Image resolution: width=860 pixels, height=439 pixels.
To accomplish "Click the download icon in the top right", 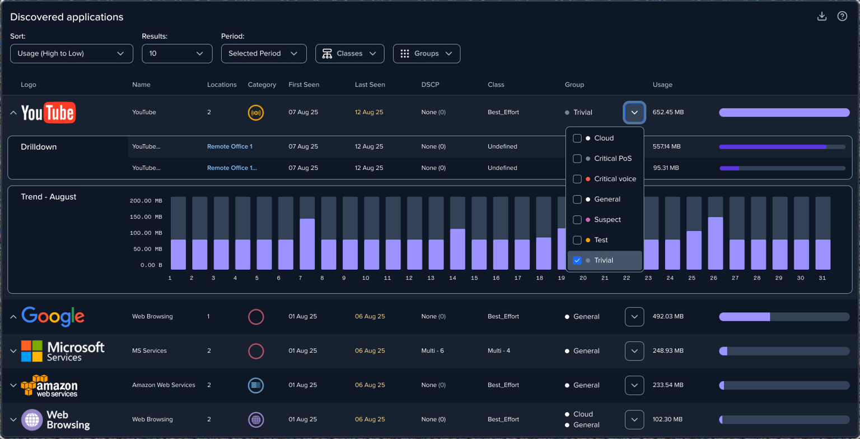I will click(821, 16).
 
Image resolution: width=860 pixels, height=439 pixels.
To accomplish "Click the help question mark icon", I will click(842, 16).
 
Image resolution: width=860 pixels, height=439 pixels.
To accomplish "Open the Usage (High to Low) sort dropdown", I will click(71, 53).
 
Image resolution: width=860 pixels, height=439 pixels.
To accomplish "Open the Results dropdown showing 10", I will click(177, 53).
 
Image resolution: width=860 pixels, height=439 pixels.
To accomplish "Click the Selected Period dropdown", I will click(264, 53).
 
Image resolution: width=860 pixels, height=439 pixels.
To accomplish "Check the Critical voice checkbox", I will click(577, 179).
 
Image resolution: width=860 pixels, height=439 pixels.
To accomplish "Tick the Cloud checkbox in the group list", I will click(577, 138).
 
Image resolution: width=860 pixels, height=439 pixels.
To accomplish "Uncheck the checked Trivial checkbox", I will click(577, 260).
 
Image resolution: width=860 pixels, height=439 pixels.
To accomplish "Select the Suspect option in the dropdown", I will click(607, 220).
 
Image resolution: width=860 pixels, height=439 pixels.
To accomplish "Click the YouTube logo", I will click(48, 113).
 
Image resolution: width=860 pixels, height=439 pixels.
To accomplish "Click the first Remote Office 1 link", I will click(230, 146).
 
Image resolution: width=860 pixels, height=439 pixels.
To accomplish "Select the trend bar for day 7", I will click(307, 244).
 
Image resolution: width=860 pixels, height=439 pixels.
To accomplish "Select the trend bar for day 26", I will click(715, 243).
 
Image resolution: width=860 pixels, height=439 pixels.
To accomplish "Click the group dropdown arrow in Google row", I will click(634, 317).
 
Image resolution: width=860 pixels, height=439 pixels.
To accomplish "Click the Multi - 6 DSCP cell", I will click(432, 351).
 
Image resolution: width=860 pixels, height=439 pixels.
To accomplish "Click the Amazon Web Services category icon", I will click(256, 385).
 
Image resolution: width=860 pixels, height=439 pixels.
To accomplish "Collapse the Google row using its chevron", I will click(13, 317).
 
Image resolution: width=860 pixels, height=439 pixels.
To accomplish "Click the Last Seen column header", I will click(370, 85).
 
